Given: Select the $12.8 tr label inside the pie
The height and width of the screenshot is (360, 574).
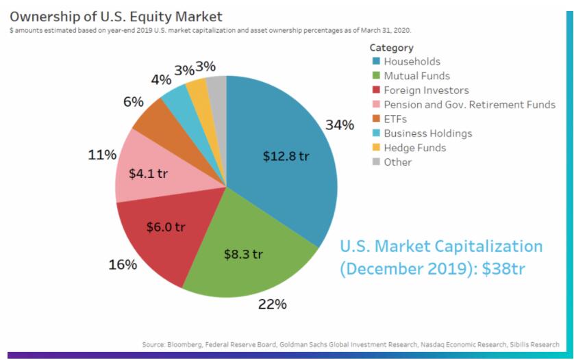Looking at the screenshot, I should tap(286, 156).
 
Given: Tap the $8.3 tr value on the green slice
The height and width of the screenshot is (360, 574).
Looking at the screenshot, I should tap(243, 255).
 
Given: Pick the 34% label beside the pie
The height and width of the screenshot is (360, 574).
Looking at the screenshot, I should tap(340, 125).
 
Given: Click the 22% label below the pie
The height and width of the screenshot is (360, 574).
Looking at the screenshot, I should tap(272, 304).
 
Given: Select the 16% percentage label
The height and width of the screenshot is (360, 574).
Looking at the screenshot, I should tap(123, 265).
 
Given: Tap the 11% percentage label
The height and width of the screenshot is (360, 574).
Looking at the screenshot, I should tap(102, 155).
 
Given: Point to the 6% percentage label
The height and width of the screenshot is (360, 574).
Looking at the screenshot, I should tap(133, 102).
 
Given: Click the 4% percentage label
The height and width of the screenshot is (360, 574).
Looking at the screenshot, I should tap(161, 79).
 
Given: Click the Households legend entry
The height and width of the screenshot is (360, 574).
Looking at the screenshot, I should tap(412, 62).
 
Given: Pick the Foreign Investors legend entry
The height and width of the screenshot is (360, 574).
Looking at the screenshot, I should tap(427, 90).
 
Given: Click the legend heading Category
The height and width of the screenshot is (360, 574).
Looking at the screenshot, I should tap(392, 48).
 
